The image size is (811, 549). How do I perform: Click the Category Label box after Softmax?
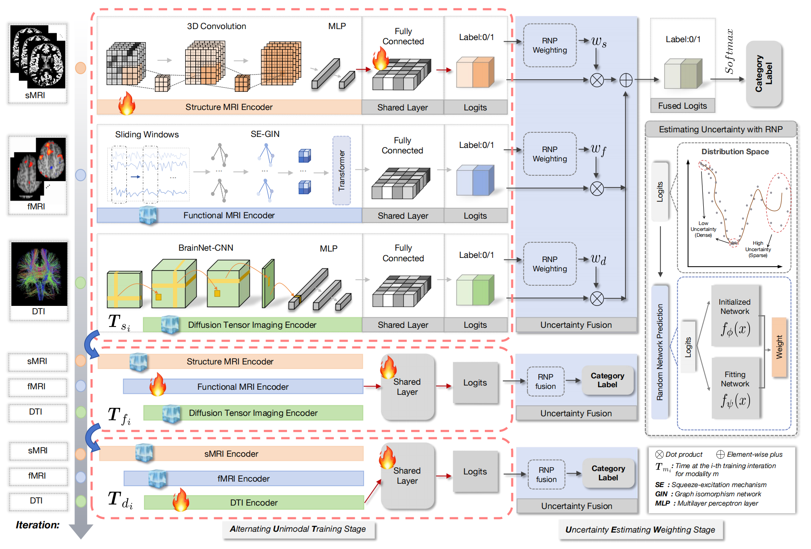pos(764,74)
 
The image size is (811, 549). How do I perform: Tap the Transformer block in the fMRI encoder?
pos(341,170)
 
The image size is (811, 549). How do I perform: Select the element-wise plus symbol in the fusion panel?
pos(626,80)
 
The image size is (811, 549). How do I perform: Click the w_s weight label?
pos(598,42)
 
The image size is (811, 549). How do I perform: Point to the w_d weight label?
pos(598,259)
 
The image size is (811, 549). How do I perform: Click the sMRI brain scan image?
pos(37,57)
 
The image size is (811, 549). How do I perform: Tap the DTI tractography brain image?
pos(39,273)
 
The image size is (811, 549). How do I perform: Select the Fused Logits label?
pos(682,106)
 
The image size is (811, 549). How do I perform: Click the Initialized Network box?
pos(735,316)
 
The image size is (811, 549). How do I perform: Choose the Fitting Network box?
pos(735,388)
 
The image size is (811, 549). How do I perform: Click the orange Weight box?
pos(779,347)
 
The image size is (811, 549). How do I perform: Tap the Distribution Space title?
pos(735,152)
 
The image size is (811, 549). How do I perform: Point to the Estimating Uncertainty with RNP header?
pos(721,129)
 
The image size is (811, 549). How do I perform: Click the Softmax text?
pos(729,51)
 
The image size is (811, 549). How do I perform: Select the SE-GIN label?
pos(265,134)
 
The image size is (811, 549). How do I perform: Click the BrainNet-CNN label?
pos(206,248)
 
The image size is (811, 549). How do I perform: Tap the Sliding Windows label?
pos(147,134)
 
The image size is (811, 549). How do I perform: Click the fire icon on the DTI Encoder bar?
pos(181,500)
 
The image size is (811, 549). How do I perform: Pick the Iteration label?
pos(37,525)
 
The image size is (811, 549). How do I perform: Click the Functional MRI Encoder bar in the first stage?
pos(229,215)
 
